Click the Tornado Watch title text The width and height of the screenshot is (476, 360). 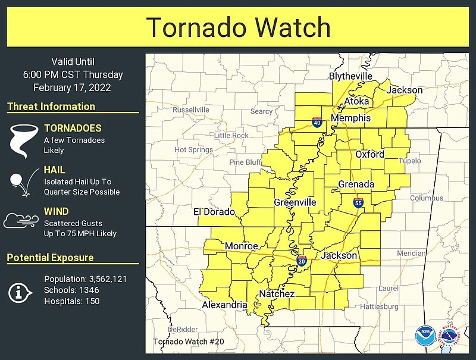[x=238, y=27]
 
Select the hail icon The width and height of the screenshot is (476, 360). [x=20, y=182]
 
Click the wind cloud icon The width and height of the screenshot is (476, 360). [x=21, y=221]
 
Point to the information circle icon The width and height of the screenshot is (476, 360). [x=20, y=291]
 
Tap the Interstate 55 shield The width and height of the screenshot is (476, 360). [x=358, y=203]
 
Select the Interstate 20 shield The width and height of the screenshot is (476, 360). [x=301, y=261]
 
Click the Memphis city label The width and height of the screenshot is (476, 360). [x=350, y=118]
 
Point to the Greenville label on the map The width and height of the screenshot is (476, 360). [x=295, y=202]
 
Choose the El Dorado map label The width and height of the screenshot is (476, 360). [x=214, y=212]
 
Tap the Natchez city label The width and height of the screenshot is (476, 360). [x=277, y=294]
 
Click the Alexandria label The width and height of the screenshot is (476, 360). [x=224, y=305]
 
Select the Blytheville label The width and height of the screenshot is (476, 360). [x=350, y=76]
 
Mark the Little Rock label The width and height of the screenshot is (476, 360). [x=231, y=136]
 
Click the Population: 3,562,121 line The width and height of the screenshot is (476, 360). [x=86, y=278]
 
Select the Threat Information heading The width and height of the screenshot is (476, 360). [x=51, y=107]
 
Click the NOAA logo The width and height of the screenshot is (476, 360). [x=424, y=335]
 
